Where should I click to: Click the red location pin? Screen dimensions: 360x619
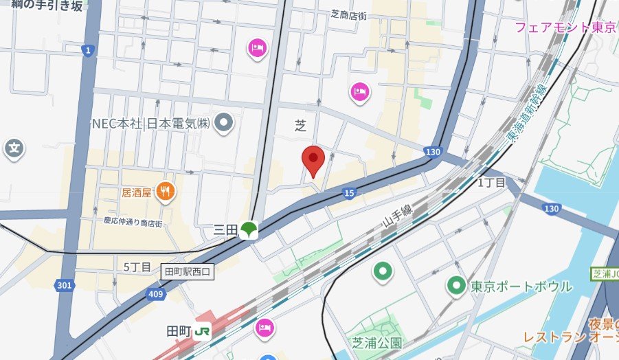pos(313,161)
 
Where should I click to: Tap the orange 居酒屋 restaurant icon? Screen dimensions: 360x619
pos(164,192)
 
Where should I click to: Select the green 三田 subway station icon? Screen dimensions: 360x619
pos(249,230)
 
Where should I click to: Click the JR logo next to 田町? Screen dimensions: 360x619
pos(202,331)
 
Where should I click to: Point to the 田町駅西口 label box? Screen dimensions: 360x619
pos(188,271)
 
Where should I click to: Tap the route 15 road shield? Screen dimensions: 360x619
pos(349,194)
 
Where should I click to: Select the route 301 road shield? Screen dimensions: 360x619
pos(64,284)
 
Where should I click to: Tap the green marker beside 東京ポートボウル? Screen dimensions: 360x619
pos(455,285)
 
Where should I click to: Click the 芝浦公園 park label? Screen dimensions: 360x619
pos(376,342)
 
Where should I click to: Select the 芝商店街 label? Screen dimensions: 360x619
pos(357,14)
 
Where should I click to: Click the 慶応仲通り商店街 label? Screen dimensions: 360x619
pos(133,223)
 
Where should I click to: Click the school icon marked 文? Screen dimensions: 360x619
pos(14,147)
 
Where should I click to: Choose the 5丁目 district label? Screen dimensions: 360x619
pos(137,267)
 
